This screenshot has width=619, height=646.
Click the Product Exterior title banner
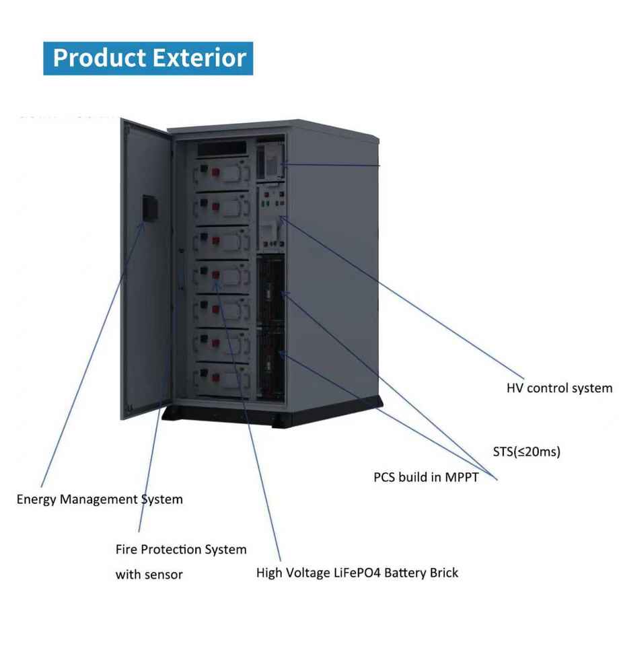tap(148, 58)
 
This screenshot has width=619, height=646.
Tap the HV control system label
tap(559, 388)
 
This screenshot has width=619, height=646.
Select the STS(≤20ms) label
tap(526, 452)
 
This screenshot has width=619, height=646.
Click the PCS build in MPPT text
tap(426, 477)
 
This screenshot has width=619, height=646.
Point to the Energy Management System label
tap(100, 499)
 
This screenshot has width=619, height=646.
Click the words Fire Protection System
tap(181, 550)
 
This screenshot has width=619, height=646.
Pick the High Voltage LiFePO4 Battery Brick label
tap(357, 573)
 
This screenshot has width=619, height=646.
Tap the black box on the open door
tap(149, 208)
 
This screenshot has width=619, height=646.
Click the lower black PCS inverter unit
tap(271, 363)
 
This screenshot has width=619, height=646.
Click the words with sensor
tap(149, 575)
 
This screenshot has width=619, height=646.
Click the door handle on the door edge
tap(181, 269)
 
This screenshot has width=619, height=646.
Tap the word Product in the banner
tap(100, 58)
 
